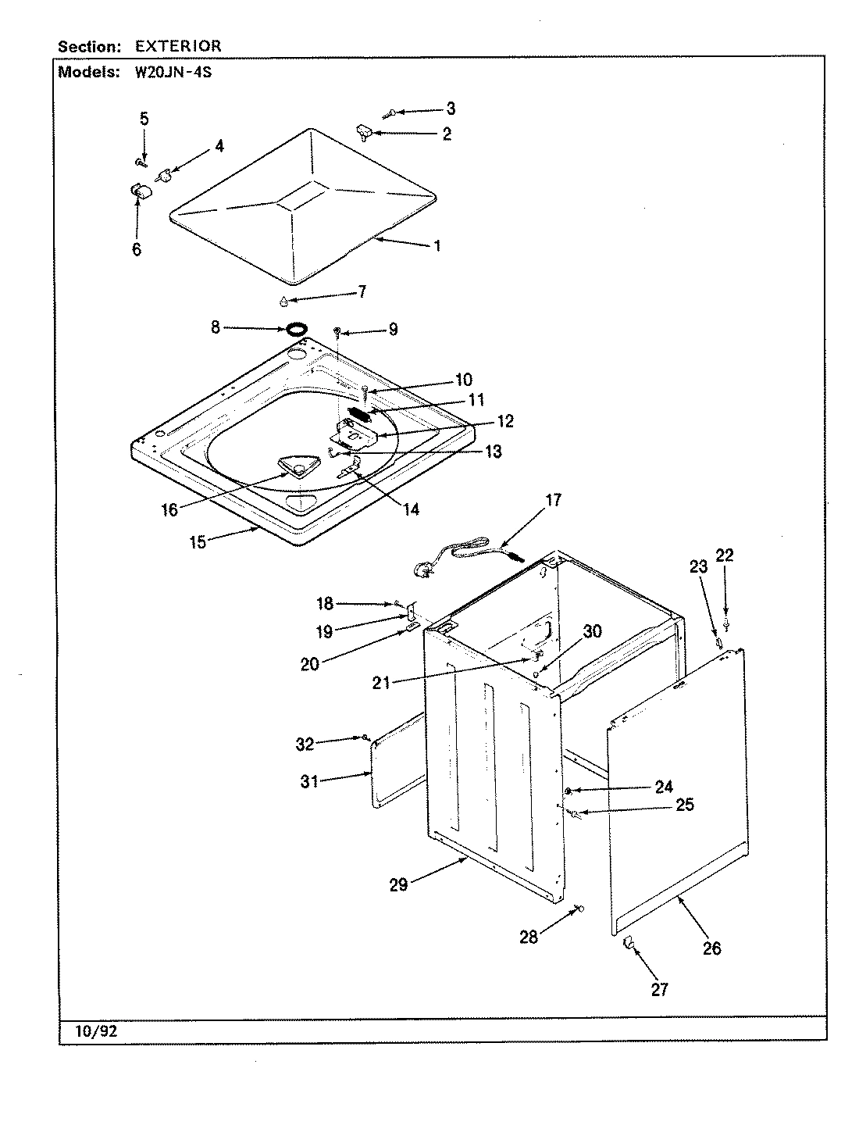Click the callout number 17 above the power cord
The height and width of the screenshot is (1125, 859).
tap(553, 501)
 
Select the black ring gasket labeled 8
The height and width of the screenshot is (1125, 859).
tap(296, 329)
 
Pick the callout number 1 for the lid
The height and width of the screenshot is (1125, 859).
tap(437, 245)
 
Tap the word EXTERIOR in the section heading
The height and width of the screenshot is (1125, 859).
tap(178, 46)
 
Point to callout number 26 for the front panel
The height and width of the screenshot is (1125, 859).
tap(711, 948)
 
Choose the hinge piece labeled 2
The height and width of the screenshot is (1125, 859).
tap(363, 130)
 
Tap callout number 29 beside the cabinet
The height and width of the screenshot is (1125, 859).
tap(398, 886)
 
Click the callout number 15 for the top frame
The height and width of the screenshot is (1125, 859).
tap(198, 542)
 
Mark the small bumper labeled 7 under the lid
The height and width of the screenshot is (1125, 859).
tap(283, 301)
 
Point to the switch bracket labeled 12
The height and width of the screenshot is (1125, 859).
tap(355, 432)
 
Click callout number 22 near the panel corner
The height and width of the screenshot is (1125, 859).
tap(725, 555)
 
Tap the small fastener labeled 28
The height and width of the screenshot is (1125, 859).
tap(579, 908)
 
